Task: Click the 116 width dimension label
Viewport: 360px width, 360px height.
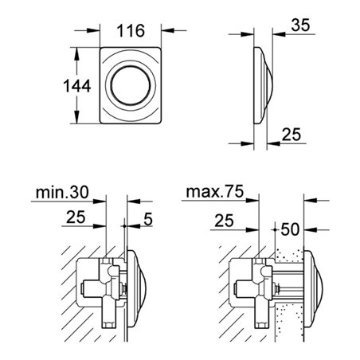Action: pyautogui.click(x=131, y=32)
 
